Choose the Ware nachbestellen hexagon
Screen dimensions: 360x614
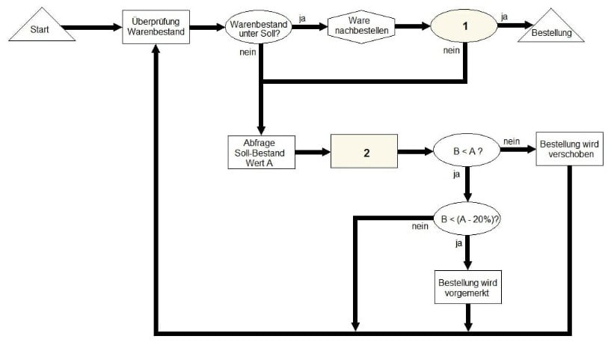tap(361, 27)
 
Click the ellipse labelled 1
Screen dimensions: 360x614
tap(464, 27)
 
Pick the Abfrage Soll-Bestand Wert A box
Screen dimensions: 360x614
tap(260, 153)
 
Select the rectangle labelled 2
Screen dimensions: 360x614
tap(364, 152)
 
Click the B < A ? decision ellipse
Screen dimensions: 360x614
tap(467, 152)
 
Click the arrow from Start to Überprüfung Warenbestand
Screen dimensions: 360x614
tap(91, 28)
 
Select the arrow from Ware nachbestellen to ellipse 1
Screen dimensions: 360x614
tap(412, 27)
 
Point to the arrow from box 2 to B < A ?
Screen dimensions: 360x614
tap(415, 152)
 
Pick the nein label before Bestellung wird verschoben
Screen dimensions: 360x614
tap(512, 141)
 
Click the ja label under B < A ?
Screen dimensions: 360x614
tap(456, 175)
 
